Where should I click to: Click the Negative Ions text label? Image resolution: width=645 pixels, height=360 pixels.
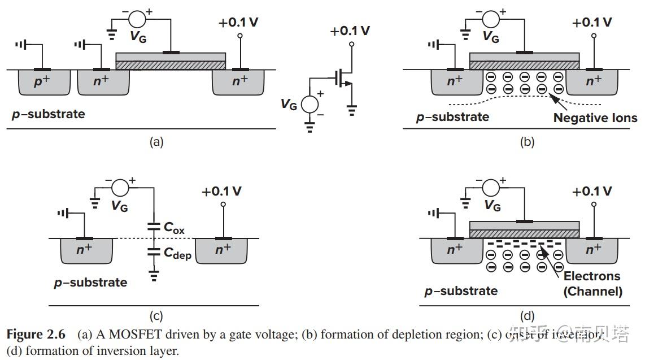click(x=595, y=118)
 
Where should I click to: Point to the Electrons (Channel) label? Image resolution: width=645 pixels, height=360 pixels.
click(x=592, y=284)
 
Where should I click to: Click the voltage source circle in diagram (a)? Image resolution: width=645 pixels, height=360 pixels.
click(x=137, y=19)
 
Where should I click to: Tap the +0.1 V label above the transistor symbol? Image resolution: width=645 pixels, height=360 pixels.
click(x=350, y=31)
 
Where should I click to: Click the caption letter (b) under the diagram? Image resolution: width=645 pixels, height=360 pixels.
click(x=526, y=142)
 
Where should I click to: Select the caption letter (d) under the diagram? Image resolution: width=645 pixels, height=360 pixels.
click(x=526, y=316)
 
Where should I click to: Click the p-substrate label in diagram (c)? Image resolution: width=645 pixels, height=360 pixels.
click(x=90, y=282)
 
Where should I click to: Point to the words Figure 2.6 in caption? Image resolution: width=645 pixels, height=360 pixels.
click(x=36, y=334)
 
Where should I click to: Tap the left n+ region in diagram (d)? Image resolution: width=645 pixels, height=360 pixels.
click(x=451, y=249)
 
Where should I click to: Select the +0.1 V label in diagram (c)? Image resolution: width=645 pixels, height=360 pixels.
click(x=221, y=191)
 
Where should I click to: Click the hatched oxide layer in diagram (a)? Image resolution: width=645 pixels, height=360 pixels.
click(x=170, y=66)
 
